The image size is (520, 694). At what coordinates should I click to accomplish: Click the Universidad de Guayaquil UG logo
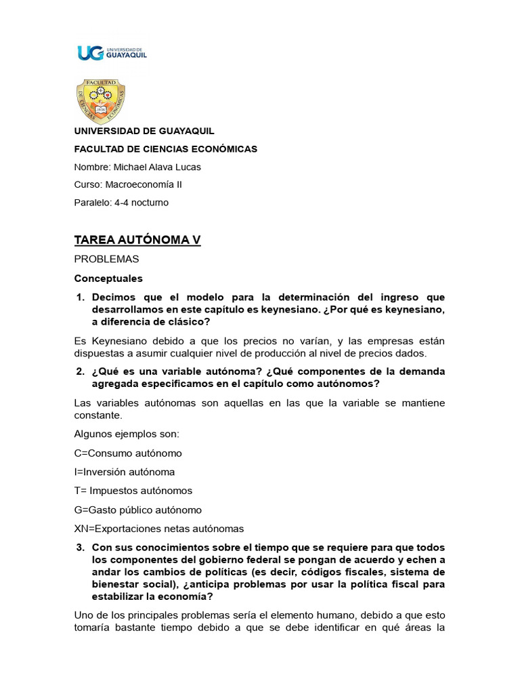pyautogui.click(x=112, y=53)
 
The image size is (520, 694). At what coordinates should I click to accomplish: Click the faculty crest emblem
pyautogui.click(x=101, y=100)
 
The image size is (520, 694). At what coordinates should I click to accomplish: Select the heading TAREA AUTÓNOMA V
pyautogui.click(x=137, y=241)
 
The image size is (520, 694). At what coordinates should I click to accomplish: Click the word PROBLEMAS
pyautogui.click(x=106, y=260)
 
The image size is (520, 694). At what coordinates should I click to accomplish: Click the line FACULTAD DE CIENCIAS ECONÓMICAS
pyautogui.click(x=165, y=149)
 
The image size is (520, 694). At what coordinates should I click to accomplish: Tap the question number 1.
pyautogui.click(x=79, y=298)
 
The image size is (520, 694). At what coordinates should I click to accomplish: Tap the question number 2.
pyautogui.click(x=79, y=371)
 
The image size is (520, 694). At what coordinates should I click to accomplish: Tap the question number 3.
pyautogui.click(x=79, y=547)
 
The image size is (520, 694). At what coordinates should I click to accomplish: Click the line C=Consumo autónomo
pyautogui.click(x=128, y=453)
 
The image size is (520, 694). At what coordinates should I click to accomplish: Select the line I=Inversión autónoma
pyautogui.click(x=125, y=472)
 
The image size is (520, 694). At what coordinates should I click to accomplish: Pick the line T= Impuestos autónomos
pyautogui.click(x=133, y=491)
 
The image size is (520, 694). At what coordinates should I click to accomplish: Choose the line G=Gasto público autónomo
pyautogui.click(x=137, y=510)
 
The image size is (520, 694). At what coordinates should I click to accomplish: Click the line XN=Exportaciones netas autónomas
pyautogui.click(x=158, y=529)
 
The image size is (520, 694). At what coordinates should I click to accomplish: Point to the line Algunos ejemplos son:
pyautogui.click(x=126, y=434)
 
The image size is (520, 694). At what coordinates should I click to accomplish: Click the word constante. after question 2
pyautogui.click(x=98, y=415)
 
